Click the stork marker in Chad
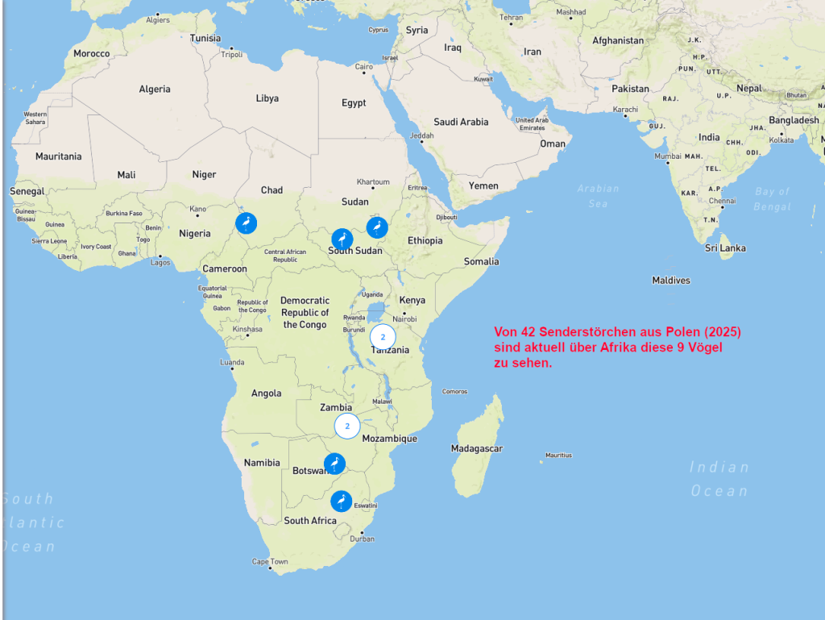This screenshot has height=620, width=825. point(247,223)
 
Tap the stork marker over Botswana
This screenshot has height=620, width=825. point(334,464)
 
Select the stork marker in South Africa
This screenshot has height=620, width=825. point(342,501)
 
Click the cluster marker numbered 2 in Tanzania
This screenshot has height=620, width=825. point(383,337)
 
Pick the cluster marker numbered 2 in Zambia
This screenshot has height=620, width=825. point(347,426)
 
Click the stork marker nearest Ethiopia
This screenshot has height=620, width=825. point(377,227)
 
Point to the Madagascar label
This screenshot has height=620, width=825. point(477,448)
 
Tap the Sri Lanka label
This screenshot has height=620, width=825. point(725,248)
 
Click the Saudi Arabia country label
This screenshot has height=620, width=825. point(461,122)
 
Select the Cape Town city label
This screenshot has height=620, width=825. point(270,562)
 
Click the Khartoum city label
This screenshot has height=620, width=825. point(373,182)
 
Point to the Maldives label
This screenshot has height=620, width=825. point(671,281)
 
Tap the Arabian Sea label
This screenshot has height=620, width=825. point(598,196)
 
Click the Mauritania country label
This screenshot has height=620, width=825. point(58,156)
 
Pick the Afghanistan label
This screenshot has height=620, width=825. point(618,40)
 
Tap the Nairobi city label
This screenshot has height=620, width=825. point(405,318)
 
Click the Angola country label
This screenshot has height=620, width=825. point(267,393)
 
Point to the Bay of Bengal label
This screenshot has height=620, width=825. point(772,199)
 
